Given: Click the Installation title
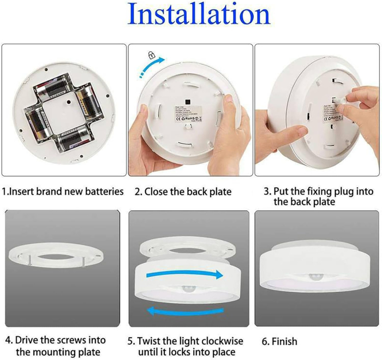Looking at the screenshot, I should (199, 16).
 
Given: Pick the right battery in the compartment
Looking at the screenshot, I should (88, 104).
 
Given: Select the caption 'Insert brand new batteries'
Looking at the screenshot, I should (63, 192).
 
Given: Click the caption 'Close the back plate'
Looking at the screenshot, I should (183, 192).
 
